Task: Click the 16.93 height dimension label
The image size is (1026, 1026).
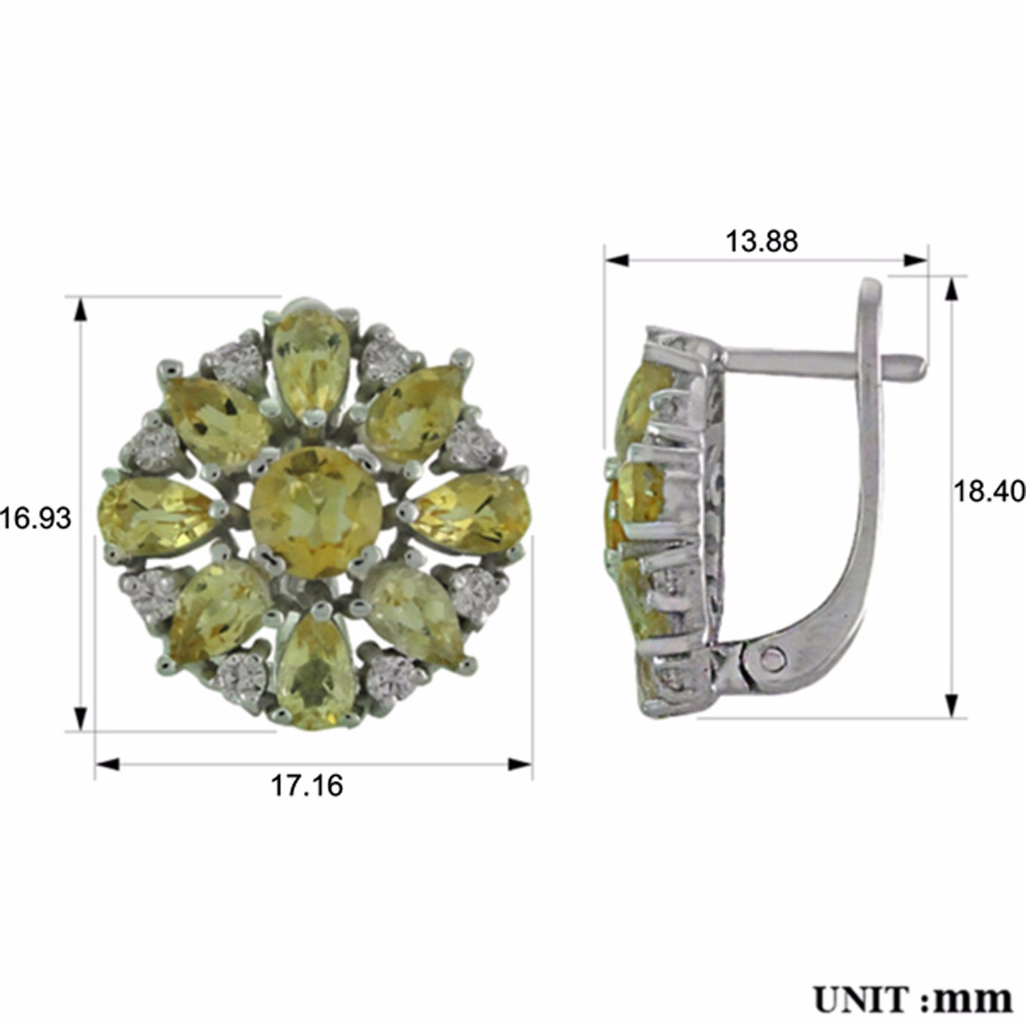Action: coord(35,518)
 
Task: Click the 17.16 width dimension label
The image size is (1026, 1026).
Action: coord(307,786)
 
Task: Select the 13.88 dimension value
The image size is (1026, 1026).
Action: coord(761,242)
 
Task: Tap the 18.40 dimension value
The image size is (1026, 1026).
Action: coord(989,492)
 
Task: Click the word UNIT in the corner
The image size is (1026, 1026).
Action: coord(866,999)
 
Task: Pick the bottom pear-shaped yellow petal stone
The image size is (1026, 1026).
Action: coord(316,670)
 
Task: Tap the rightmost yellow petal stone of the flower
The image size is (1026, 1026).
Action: coord(471,512)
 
